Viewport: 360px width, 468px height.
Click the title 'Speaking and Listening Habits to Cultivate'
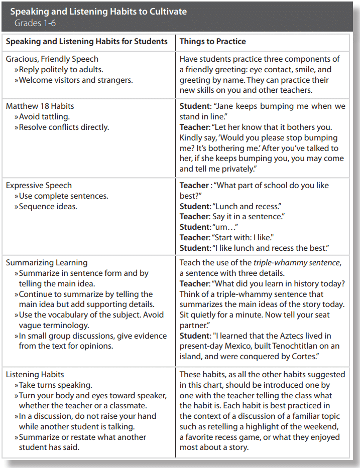98,12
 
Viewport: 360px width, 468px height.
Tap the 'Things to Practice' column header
213,42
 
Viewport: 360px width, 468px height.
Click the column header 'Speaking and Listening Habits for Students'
87,42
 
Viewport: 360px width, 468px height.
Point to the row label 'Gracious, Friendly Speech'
52,59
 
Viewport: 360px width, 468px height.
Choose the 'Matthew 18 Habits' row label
40,106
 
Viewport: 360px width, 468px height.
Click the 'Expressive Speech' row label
39,185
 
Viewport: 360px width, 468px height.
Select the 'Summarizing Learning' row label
47,262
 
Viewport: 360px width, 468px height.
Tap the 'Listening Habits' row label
35,374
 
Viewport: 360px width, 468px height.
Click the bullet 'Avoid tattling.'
44,117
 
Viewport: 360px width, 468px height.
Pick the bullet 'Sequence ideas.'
48,206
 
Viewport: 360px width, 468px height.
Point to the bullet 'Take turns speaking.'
56,385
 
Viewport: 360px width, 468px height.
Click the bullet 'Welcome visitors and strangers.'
76,80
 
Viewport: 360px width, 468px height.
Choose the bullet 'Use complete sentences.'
64,196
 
